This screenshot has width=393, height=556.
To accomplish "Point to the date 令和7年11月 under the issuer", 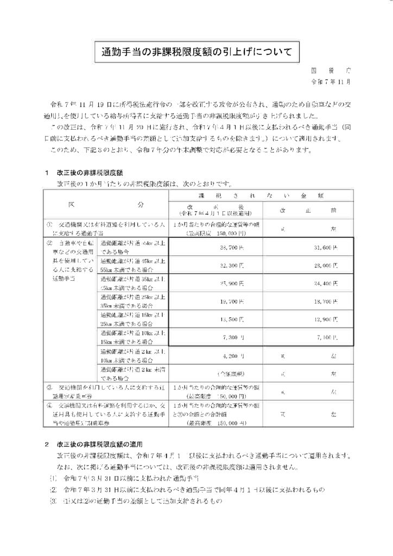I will [329, 83].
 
